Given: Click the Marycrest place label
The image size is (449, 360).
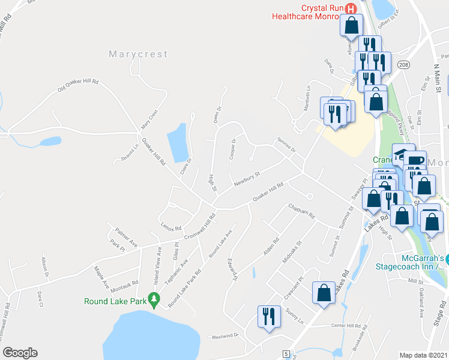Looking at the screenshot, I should point(138,54).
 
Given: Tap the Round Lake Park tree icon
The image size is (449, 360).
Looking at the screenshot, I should point(154,298).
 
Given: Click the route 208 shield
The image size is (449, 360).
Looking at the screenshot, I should point(405,64).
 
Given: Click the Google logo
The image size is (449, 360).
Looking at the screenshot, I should point(20,352).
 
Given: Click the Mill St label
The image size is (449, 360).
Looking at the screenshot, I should point(415,280).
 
